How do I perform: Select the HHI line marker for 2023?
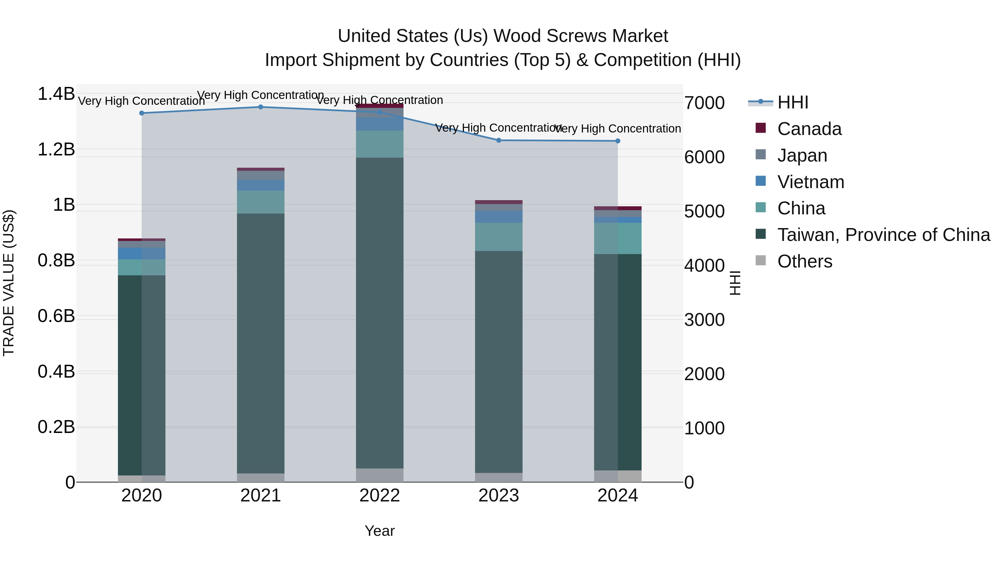click(499, 140)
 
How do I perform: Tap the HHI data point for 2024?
click(617, 141)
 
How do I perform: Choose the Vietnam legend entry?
click(810, 182)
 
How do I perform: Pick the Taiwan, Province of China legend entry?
click(883, 235)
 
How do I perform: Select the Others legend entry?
click(805, 261)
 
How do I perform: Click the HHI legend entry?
click(793, 102)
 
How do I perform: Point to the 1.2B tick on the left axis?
click(56, 150)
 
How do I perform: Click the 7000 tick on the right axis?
click(704, 103)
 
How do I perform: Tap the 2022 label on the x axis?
click(379, 496)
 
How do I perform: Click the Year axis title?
click(379, 531)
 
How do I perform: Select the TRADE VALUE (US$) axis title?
click(9, 283)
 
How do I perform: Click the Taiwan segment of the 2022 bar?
click(379, 312)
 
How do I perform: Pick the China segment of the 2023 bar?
click(499, 237)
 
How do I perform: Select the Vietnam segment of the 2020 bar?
click(141, 254)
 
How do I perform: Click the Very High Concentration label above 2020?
click(141, 101)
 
